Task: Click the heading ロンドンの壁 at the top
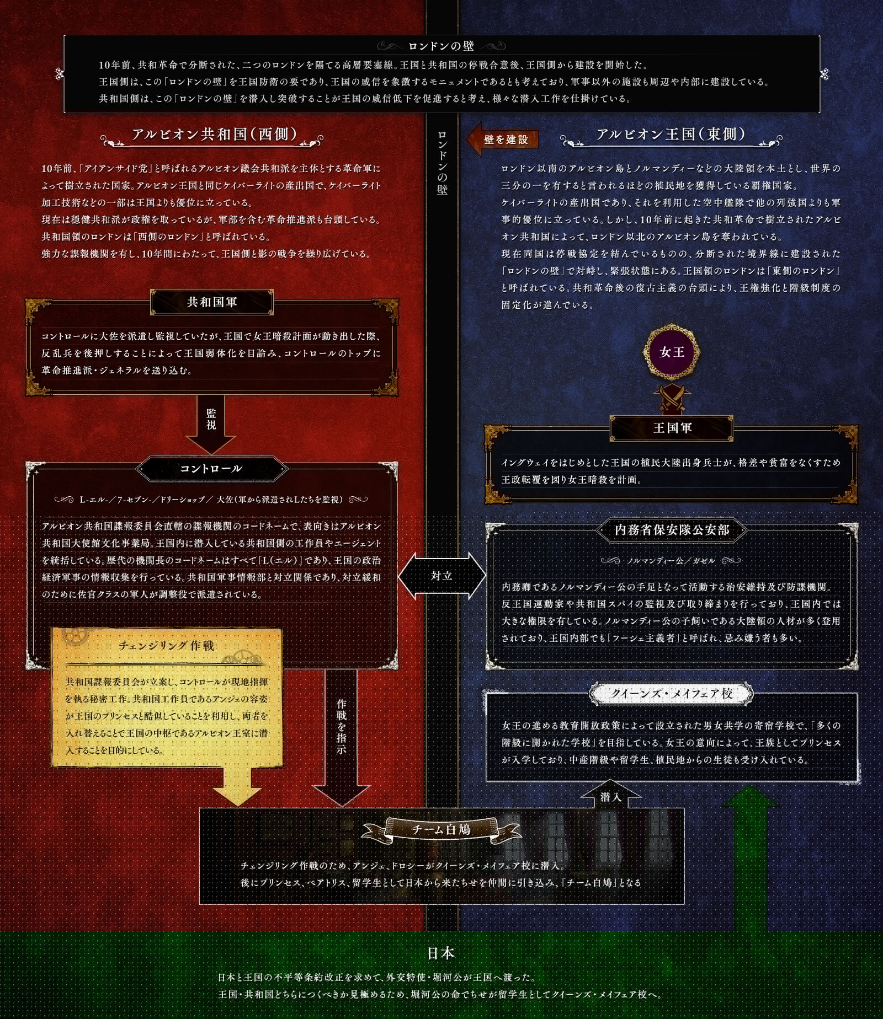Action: (x=441, y=46)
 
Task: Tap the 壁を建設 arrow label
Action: (x=503, y=139)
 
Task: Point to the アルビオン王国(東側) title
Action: (x=671, y=135)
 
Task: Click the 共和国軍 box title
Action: (x=212, y=302)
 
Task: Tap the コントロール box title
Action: (x=211, y=469)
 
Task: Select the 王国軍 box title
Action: (x=672, y=428)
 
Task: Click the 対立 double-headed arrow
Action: (x=441, y=576)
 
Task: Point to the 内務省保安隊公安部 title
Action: (x=672, y=530)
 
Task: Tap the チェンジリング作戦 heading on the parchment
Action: (x=167, y=646)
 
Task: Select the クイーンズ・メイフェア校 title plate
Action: (x=672, y=694)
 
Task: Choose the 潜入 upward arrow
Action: (x=611, y=794)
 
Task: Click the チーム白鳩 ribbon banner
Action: (x=441, y=829)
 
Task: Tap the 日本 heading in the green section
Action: (x=441, y=953)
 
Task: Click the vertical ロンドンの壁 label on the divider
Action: (x=441, y=162)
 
